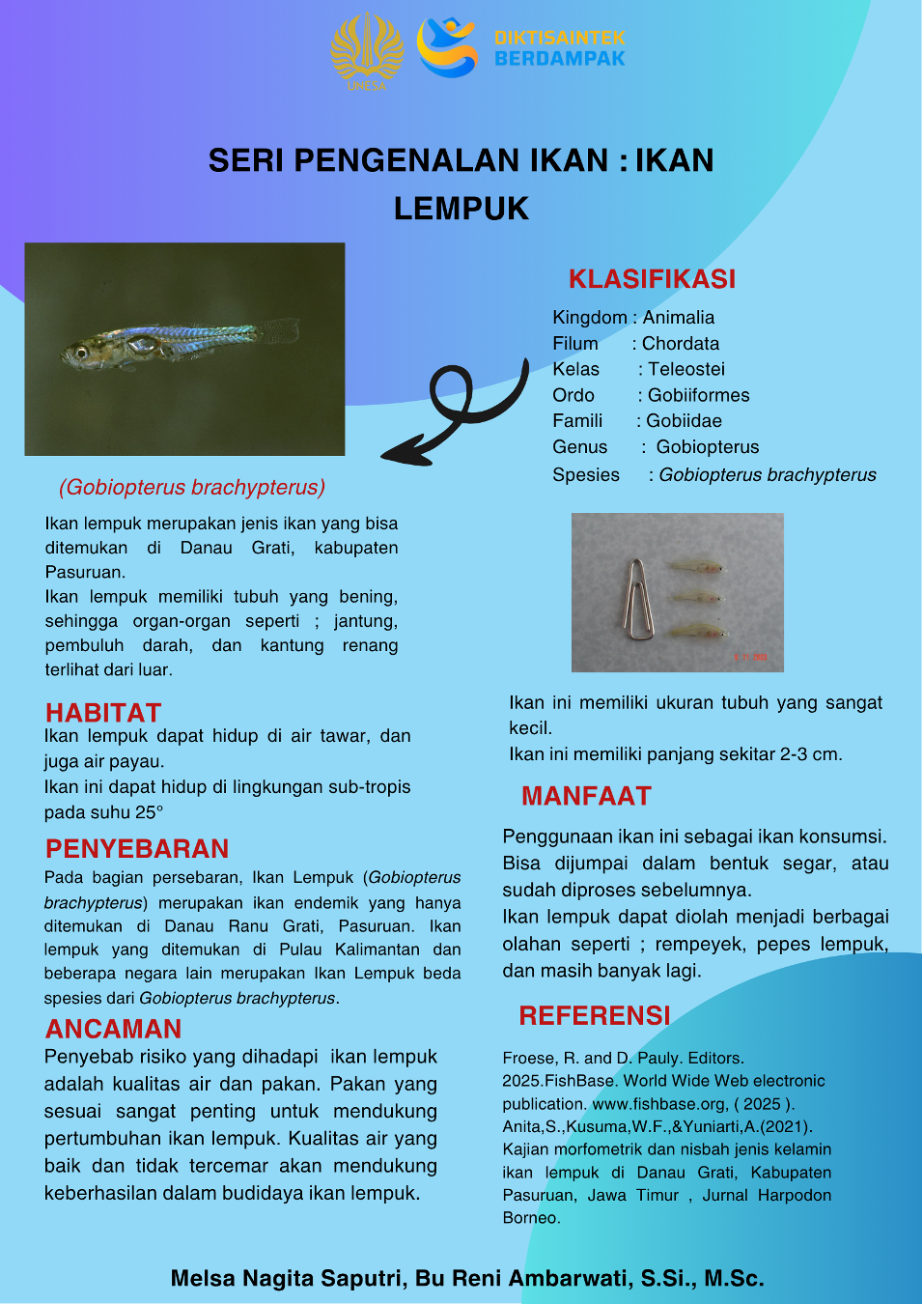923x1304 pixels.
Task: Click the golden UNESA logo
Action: click(367, 50)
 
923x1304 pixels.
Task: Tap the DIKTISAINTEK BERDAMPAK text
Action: click(559, 48)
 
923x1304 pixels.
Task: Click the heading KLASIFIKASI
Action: click(652, 279)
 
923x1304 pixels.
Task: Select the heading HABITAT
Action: click(103, 713)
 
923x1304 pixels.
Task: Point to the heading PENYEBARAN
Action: click(137, 849)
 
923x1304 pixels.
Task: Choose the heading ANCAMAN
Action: click(113, 1030)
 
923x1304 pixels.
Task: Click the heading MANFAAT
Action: click(586, 796)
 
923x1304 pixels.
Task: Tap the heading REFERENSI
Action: click(594, 1016)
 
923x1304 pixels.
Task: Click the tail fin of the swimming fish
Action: click(280, 331)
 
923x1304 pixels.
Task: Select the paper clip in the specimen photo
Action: click(638, 598)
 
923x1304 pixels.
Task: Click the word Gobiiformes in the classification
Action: click(698, 395)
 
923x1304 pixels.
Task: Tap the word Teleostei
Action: click(685, 369)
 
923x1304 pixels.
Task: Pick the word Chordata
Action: click(681, 344)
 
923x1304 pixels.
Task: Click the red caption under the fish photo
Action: click(192, 488)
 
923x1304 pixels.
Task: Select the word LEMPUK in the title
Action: click(461, 209)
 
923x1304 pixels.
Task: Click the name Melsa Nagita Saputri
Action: click(287, 1279)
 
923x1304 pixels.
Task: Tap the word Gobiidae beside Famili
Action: click(684, 421)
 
